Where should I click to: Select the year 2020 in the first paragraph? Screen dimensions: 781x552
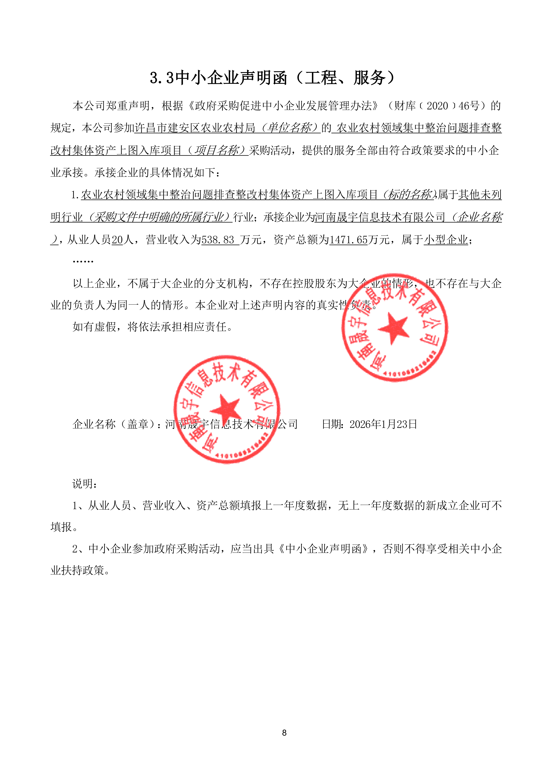point(437,106)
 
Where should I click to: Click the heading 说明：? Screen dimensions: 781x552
point(85,484)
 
